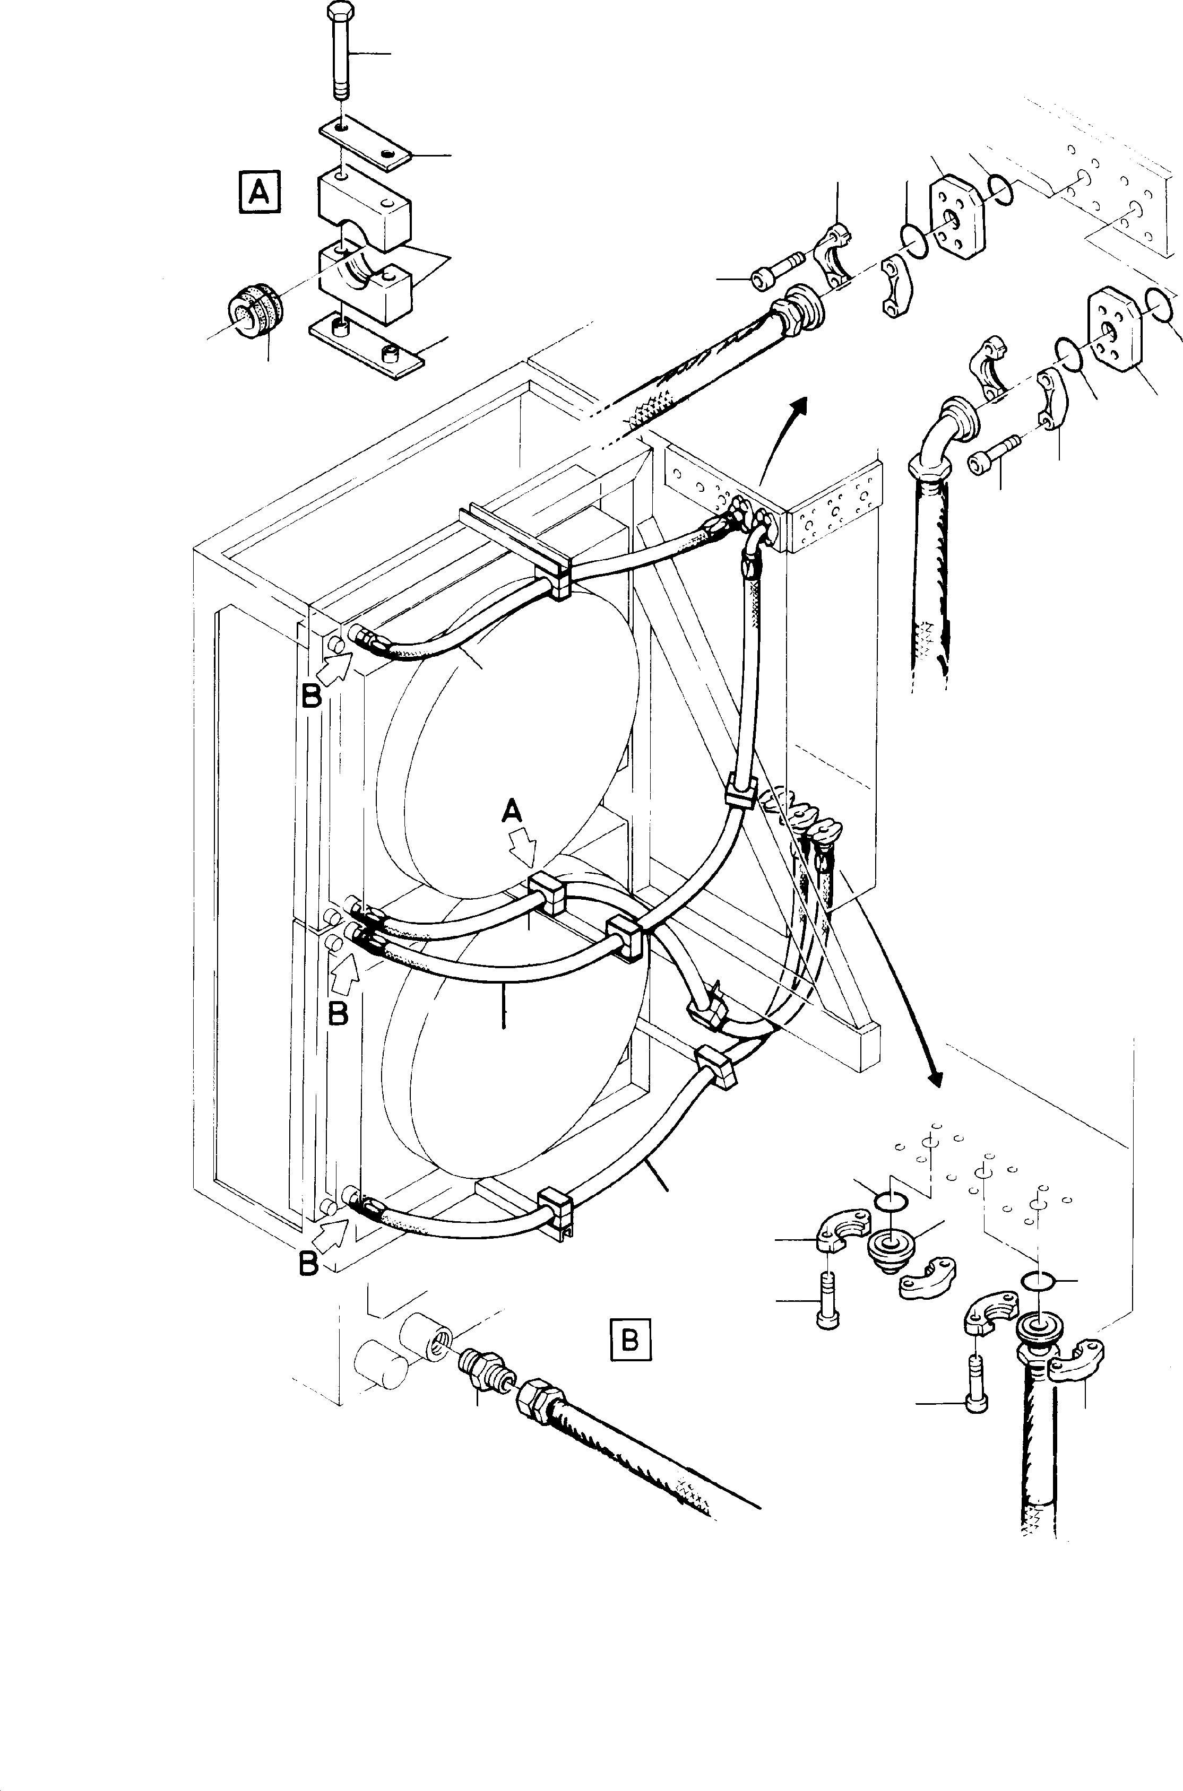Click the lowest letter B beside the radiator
click(308, 1263)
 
